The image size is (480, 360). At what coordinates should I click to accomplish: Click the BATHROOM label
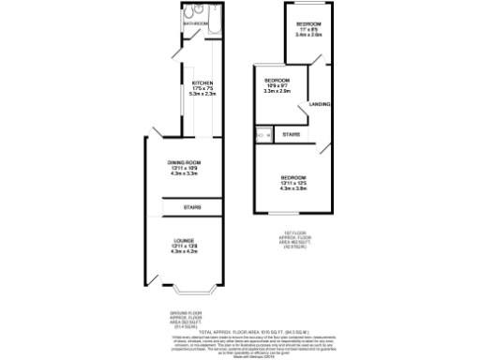pyautogui.click(x=196, y=23)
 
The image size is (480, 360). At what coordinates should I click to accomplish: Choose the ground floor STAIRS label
pyautogui.click(x=191, y=206)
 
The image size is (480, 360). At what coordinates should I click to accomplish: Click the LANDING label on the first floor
pyautogui.click(x=320, y=103)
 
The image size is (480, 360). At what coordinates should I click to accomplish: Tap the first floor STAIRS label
pyautogui.click(x=291, y=135)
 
